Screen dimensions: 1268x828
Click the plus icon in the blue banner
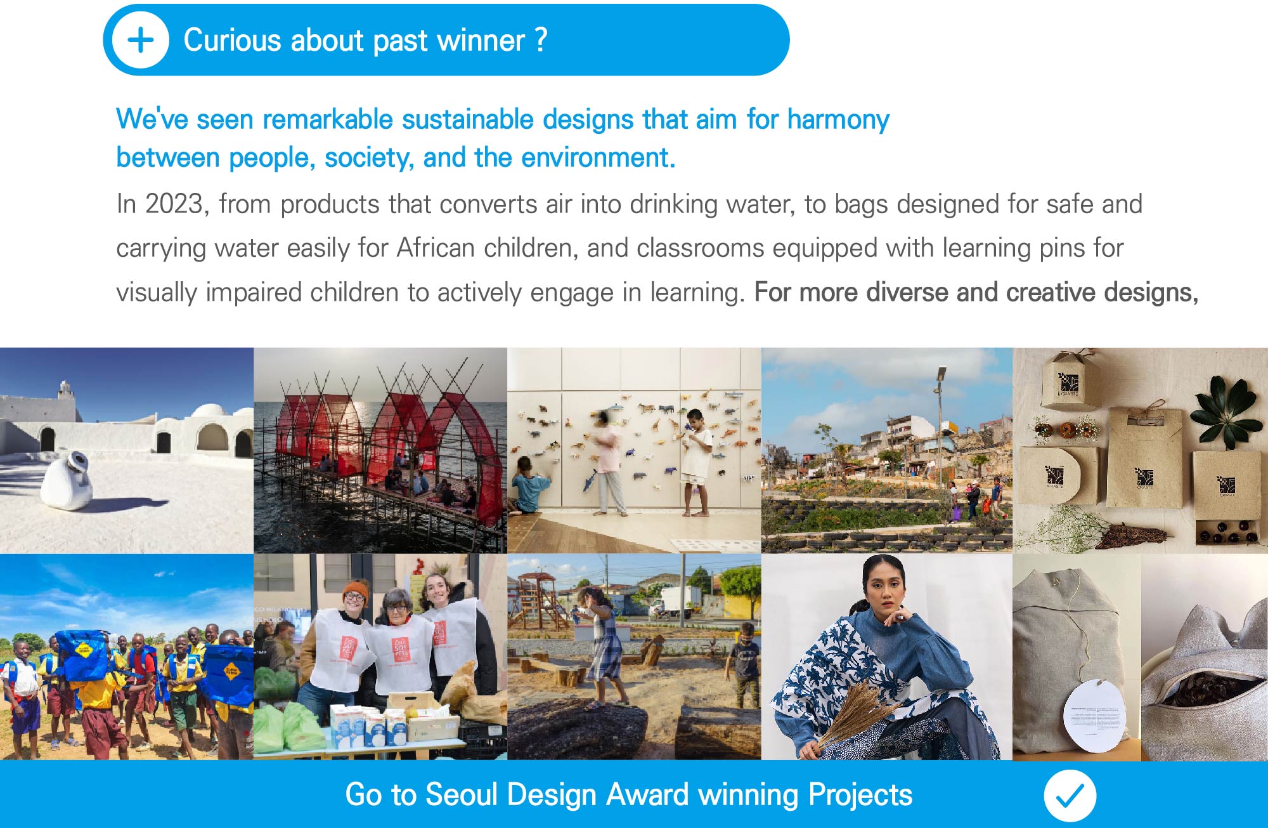[x=141, y=40]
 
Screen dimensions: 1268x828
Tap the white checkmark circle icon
[x=1070, y=796]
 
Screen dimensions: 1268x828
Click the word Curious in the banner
[x=233, y=40]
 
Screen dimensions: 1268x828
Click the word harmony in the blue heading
[x=838, y=119]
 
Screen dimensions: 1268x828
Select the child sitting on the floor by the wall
[x=528, y=485]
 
